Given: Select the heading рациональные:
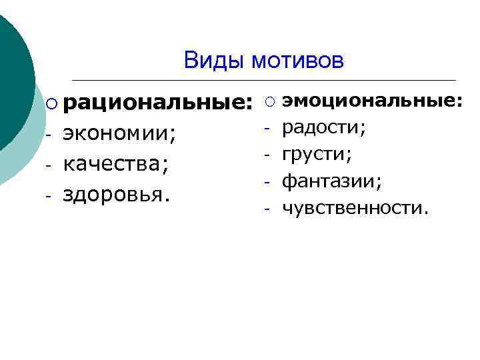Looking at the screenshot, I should pyautogui.click(x=158, y=103).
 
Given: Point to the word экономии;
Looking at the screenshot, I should pyautogui.click(x=121, y=134).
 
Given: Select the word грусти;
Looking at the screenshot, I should pyautogui.click(x=317, y=155).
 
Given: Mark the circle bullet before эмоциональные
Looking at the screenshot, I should pyautogui.click(x=268, y=101).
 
